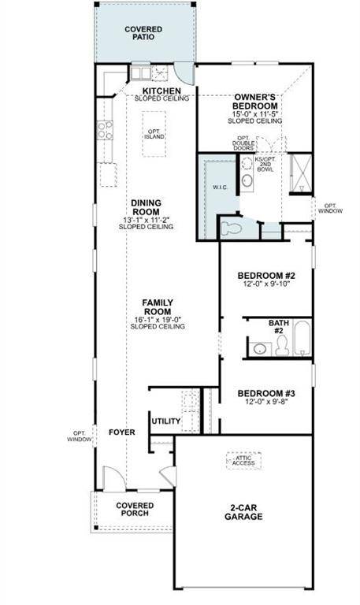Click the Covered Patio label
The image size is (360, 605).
pyautogui.click(x=144, y=33)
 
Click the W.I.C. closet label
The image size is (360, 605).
pyautogui.click(x=220, y=187)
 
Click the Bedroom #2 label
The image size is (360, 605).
pyautogui.click(x=266, y=276)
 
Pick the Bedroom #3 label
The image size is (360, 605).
pyautogui.click(x=266, y=393)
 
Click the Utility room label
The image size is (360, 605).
pyautogui.click(x=165, y=421)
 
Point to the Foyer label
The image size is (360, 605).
pyautogui.click(x=122, y=432)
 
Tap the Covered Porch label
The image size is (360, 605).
pyautogui.click(x=134, y=510)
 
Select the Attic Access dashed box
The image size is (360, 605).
pyautogui.click(x=243, y=461)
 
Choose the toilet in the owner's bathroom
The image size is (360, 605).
pyautogui.click(x=231, y=228)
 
